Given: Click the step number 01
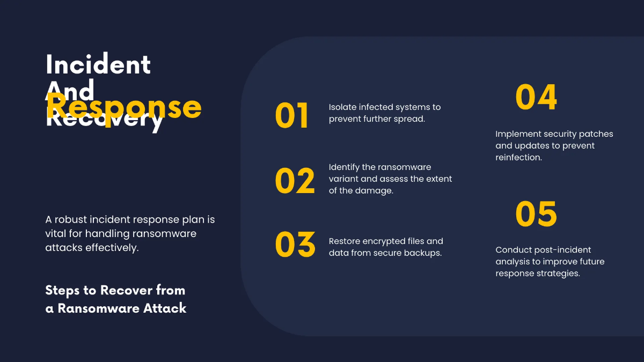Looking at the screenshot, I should click(292, 116).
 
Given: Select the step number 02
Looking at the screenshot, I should click(295, 181).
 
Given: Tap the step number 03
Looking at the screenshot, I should click(295, 245).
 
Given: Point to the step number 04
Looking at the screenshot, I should click(536, 97).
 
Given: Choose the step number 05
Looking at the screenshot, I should click(536, 214).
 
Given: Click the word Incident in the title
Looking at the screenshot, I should click(98, 65).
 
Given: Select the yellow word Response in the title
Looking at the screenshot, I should click(124, 107).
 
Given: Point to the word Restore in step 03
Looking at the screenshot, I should click(344, 241).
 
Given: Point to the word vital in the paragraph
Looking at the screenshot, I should click(57, 234).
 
